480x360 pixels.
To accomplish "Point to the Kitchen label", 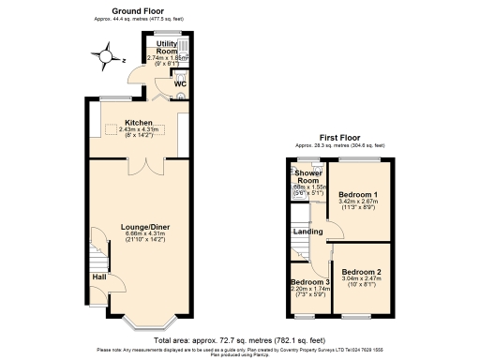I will point(139,122).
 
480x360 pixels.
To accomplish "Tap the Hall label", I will point(99,277).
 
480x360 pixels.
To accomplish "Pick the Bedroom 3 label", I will point(309,281).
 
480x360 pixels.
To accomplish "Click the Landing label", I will point(308,231).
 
